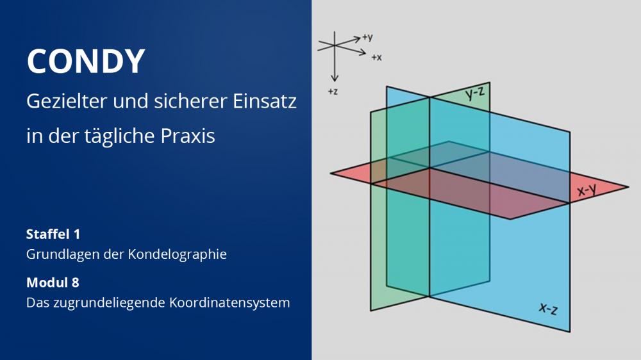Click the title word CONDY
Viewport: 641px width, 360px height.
[x=86, y=61]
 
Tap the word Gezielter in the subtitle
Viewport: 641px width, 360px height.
[x=67, y=101]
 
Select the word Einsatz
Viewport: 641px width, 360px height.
[x=265, y=101]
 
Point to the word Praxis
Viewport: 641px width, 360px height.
[x=188, y=136]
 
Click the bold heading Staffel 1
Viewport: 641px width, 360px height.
[x=53, y=234]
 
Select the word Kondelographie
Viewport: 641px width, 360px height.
[x=177, y=254]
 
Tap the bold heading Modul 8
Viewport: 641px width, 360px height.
[x=53, y=282]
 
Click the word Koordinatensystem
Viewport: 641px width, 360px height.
[x=229, y=303]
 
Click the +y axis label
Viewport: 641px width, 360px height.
[x=367, y=37]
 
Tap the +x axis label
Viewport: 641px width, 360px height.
[x=376, y=58]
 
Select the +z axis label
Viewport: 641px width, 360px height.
[x=333, y=92]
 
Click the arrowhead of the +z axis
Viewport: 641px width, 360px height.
[x=335, y=78]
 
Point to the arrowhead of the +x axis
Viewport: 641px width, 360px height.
[x=362, y=53]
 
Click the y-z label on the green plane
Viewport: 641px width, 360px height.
[x=475, y=94]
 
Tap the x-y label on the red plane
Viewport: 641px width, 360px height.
[x=587, y=190]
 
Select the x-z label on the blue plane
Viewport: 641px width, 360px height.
[x=548, y=309]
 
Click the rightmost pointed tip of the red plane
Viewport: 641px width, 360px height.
[x=628, y=187]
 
